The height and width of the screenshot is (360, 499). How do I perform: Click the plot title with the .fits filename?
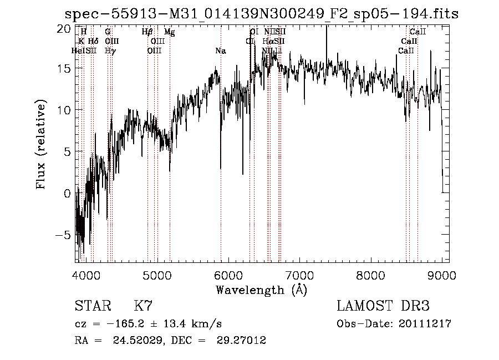point(261,14)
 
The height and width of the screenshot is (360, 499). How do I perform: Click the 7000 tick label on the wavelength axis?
point(299,273)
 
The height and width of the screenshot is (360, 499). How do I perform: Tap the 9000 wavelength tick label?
point(442,273)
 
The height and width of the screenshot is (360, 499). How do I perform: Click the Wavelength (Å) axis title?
point(261,290)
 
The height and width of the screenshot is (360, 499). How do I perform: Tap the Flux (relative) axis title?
point(41,144)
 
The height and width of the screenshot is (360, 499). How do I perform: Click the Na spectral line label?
point(221,51)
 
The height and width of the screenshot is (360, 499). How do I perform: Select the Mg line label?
point(170,33)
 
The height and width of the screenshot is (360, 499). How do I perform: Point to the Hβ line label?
point(147,33)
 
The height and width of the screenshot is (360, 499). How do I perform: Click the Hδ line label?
point(93,41)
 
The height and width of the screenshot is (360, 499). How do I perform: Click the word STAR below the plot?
point(91,306)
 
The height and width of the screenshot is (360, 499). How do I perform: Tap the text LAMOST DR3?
point(383,306)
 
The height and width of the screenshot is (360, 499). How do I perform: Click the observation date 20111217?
point(425,324)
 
